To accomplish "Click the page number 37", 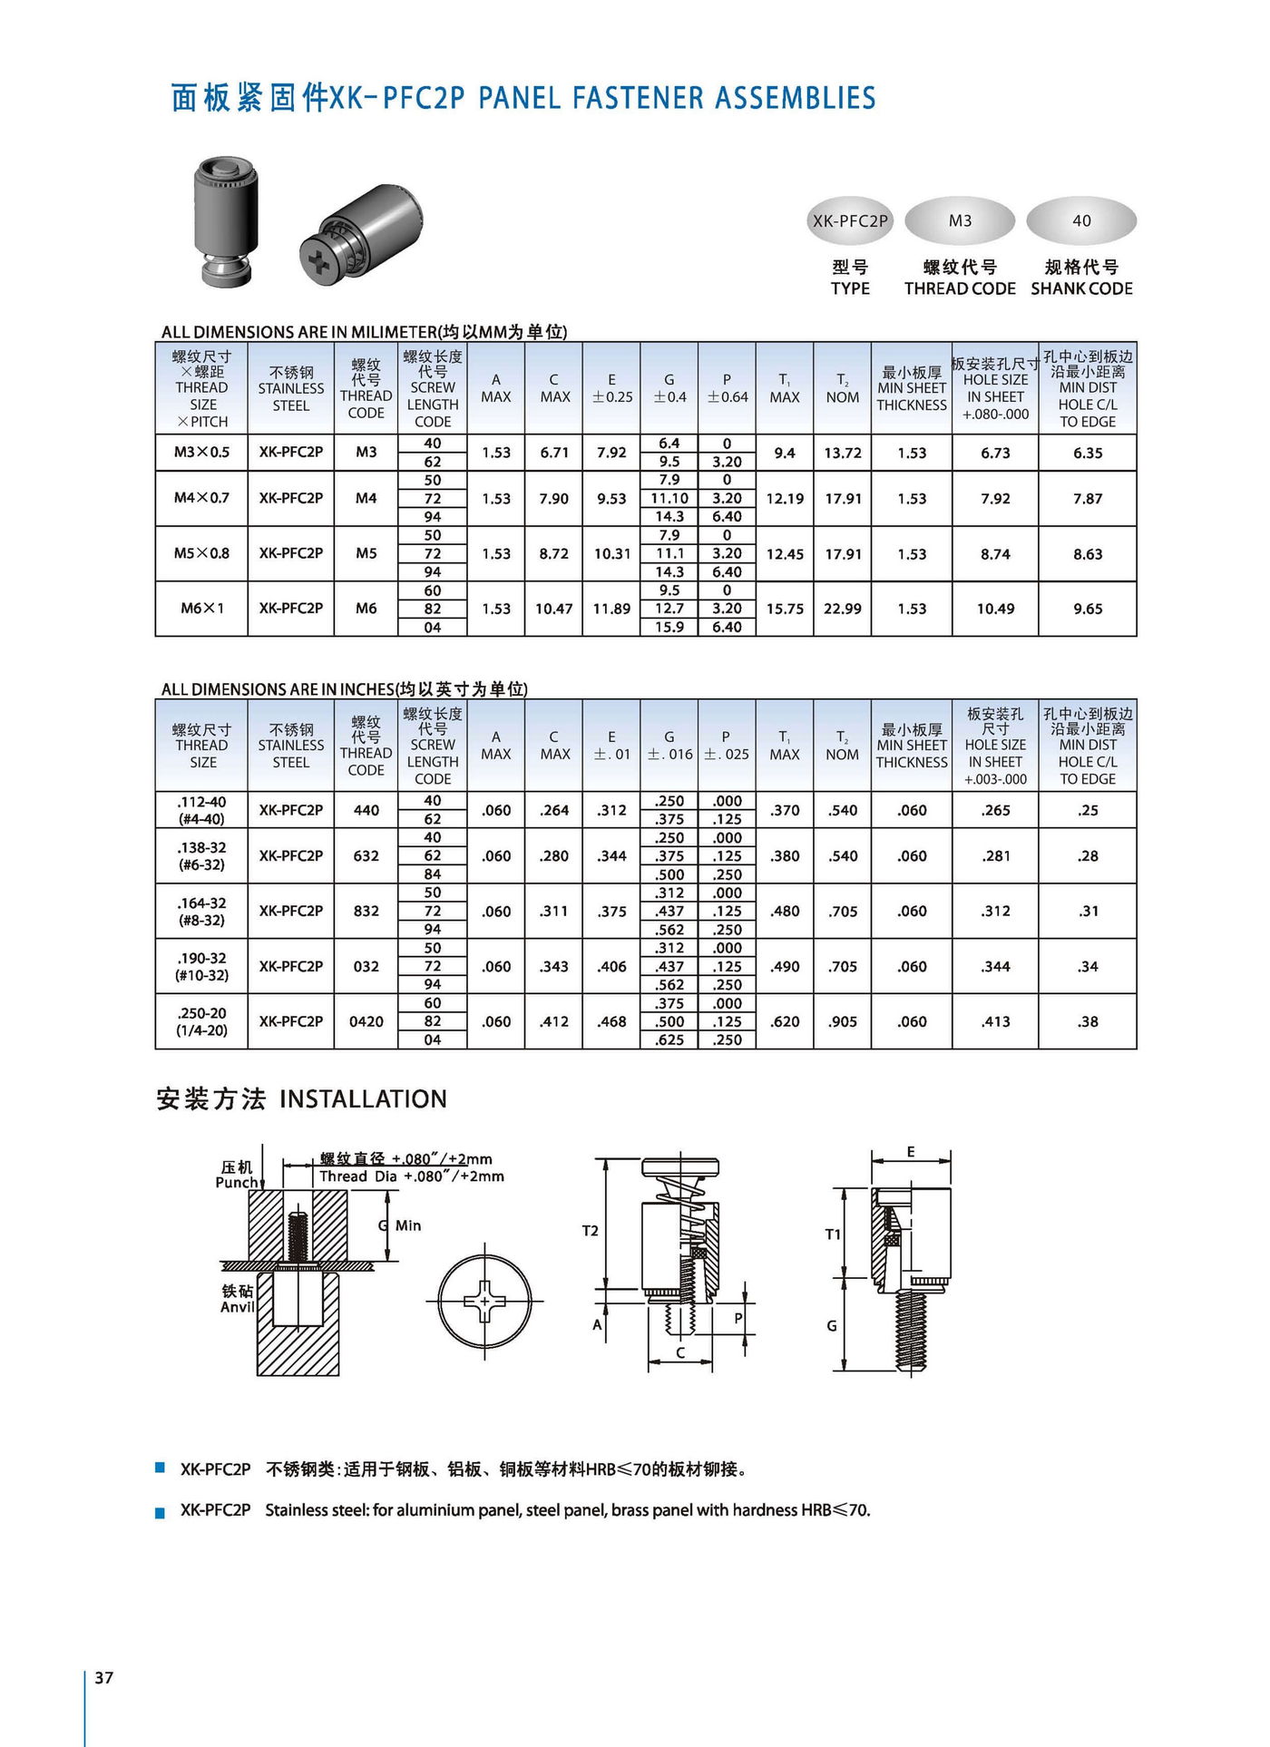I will (x=104, y=1677).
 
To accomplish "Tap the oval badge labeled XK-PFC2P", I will (x=850, y=220).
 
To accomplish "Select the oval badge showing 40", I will (x=1081, y=220).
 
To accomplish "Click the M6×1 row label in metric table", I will (x=201, y=609).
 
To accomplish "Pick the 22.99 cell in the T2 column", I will (x=842, y=609).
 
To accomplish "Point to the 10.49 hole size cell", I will (x=995, y=609).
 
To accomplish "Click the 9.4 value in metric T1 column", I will (x=785, y=453).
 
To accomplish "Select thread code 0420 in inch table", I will (x=366, y=1021).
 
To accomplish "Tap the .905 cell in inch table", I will (x=842, y=1021).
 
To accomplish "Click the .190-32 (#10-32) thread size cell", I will (x=201, y=966).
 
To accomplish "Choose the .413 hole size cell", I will (x=995, y=1021).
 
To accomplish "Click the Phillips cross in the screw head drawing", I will (x=484, y=1301).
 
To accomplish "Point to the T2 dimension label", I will (x=590, y=1231).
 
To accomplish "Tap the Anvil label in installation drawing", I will (x=238, y=1307).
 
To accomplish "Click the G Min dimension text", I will (x=400, y=1225).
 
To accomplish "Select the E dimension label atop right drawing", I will (x=911, y=1152).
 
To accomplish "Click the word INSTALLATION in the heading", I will (x=363, y=1099).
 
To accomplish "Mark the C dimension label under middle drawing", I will (x=680, y=1352).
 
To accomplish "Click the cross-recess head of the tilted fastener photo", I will (x=320, y=263).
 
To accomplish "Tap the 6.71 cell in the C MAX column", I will (x=554, y=453).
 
